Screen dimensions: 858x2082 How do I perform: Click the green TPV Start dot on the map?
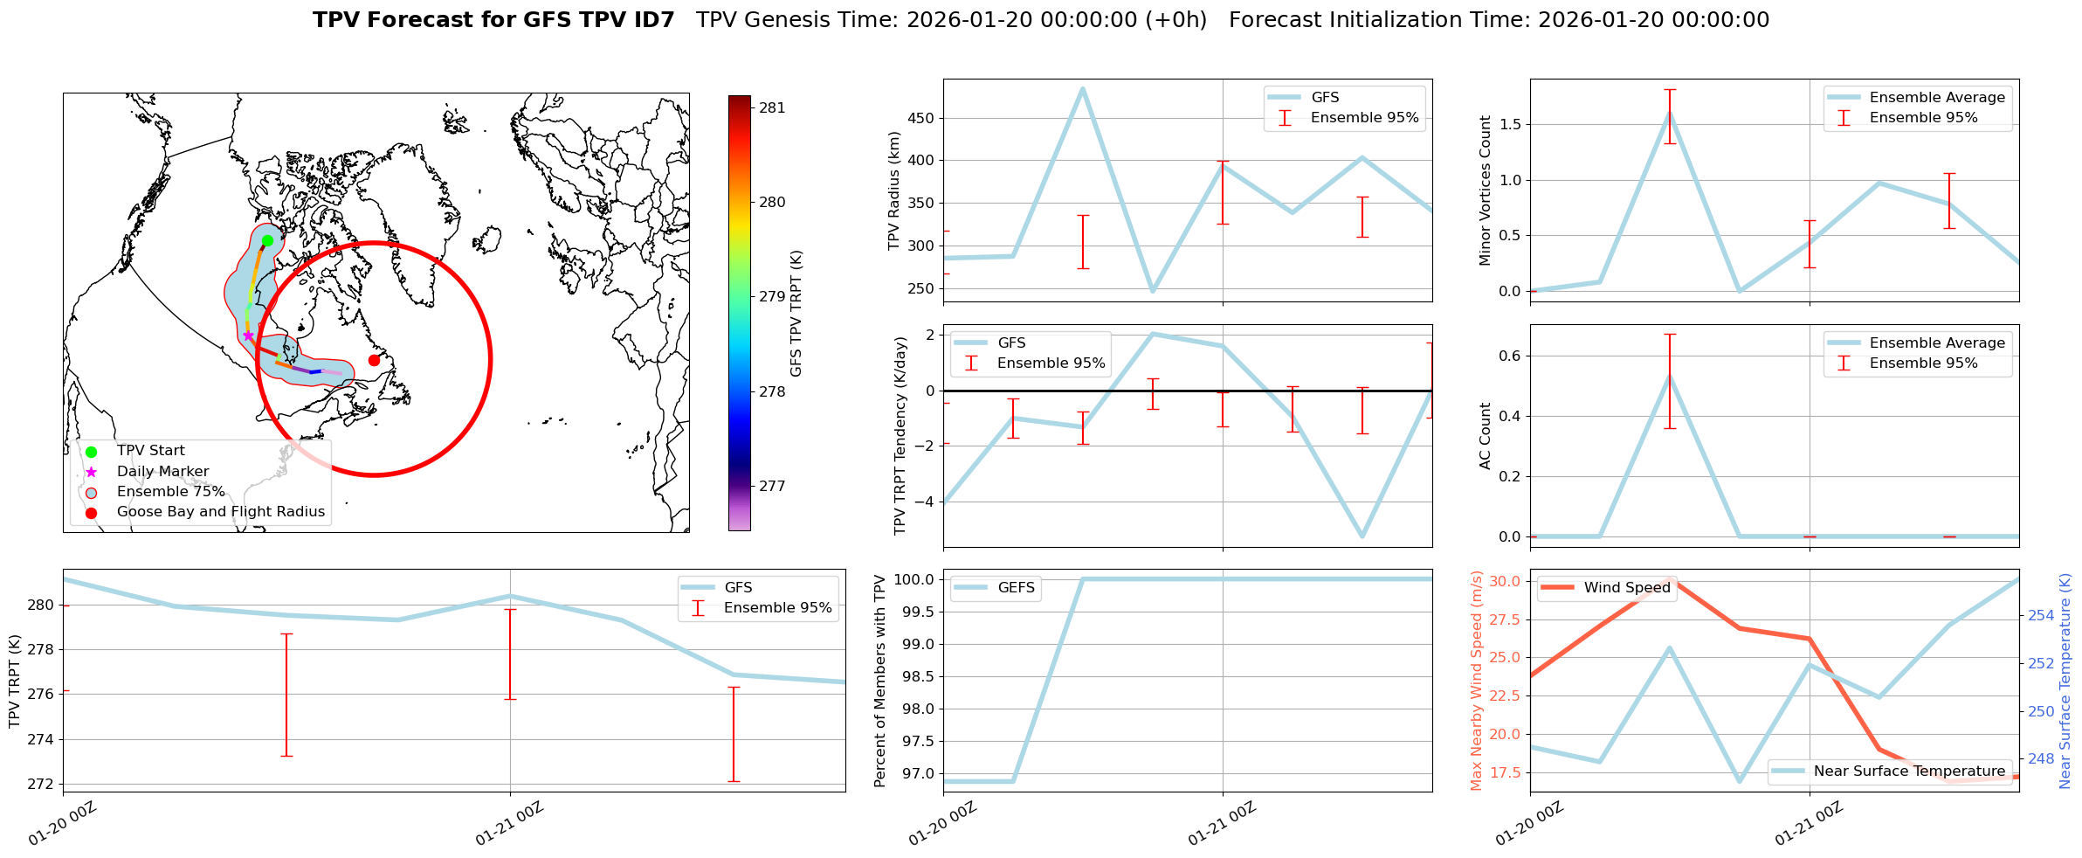(267, 240)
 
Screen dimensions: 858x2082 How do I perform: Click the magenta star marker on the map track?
(248, 336)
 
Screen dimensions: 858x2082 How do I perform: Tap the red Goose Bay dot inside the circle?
(374, 360)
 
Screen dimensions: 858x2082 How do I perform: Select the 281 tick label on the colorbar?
(772, 108)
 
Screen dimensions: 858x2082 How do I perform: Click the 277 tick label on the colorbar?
(772, 487)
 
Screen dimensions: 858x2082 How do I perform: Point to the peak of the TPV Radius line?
(1083, 88)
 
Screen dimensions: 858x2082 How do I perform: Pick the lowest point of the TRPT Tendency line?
(1362, 536)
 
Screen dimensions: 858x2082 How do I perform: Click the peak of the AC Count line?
(1670, 376)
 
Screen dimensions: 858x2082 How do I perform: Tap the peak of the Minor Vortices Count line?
(1670, 113)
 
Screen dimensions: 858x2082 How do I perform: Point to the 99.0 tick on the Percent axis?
(914, 645)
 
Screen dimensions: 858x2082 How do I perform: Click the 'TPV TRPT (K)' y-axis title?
(14, 682)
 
